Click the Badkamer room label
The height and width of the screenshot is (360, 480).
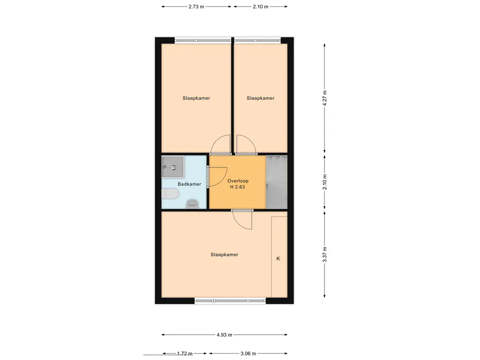pos(189,184)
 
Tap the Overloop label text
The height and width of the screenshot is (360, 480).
pos(238,181)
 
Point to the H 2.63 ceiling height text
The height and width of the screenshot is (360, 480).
pos(238,187)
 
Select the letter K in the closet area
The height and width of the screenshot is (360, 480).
pos(278,259)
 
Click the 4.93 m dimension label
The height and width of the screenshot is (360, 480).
pos(225,335)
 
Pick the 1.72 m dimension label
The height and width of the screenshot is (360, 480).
pos(185,353)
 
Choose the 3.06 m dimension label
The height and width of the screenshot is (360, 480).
pos(248,353)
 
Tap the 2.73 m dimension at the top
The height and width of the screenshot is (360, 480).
pos(196,7)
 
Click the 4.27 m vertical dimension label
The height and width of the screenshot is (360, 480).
pos(325,98)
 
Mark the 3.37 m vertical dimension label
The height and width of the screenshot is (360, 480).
pos(325,255)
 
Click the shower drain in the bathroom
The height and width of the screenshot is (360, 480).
pos(174,167)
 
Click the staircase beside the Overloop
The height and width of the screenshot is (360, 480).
pos(277,182)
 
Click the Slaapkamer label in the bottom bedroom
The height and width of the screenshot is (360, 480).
pos(225,255)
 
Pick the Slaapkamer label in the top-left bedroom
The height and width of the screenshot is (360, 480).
pos(196,98)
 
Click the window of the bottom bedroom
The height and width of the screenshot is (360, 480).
pos(230,301)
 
